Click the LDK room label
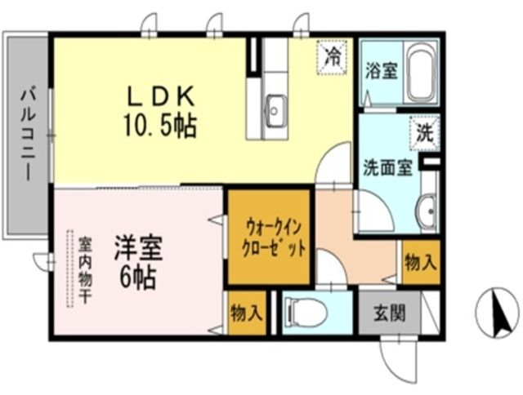click(160, 95)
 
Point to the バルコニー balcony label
click(25, 134)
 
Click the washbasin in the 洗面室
click(427, 212)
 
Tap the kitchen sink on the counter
click(275, 107)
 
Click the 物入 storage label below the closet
click(246, 312)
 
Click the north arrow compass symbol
click(497, 314)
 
